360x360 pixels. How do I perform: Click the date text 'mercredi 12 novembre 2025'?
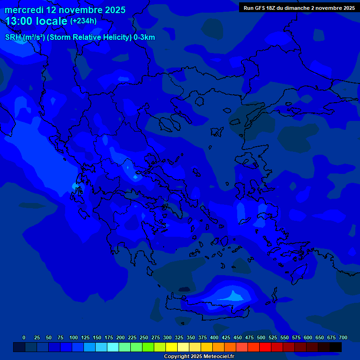tap(65, 10)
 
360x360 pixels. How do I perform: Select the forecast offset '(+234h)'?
tap(83, 21)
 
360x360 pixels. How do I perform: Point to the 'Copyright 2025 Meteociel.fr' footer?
tap(199, 356)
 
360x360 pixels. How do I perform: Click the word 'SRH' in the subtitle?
tap(13, 37)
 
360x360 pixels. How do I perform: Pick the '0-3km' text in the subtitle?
tap(144, 37)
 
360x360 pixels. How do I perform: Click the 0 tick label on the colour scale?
tap(24, 337)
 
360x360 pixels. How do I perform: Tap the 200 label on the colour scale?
tap(120, 337)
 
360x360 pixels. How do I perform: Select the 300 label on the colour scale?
tap(167, 337)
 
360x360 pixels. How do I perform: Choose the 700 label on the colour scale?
tap(343, 337)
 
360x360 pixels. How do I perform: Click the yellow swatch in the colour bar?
tap(172, 347)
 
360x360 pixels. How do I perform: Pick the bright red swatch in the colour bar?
tap(265, 347)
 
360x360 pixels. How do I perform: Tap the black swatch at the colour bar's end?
tap(335, 347)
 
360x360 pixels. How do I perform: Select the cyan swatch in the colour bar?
tap(113, 347)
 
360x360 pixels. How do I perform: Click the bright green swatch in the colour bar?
tap(148, 347)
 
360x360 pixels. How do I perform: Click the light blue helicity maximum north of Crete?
tap(233, 295)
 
